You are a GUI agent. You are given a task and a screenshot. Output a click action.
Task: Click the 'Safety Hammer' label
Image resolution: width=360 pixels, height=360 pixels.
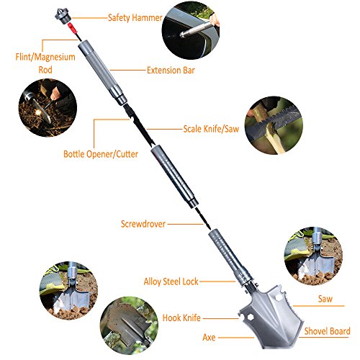point(135,18)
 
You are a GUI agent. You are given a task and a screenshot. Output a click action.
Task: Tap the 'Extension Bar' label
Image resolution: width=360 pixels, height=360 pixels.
point(171,71)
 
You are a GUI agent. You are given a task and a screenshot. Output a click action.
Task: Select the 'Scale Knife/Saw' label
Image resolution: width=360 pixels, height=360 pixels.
point(211,129)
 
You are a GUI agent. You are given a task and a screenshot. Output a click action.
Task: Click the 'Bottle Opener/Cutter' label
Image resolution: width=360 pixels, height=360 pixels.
point(101,154)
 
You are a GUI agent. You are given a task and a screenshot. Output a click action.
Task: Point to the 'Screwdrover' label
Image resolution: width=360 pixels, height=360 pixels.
point(143,224)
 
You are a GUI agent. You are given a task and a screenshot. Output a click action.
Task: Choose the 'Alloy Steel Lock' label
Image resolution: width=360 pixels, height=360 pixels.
point(171,282)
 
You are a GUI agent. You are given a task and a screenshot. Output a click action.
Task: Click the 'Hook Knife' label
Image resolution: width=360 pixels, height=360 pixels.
point(181,318)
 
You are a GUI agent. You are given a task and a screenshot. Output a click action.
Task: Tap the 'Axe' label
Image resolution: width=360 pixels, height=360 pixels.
point(209,338)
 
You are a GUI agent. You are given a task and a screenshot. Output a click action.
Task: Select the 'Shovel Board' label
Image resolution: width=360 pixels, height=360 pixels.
point(327,331)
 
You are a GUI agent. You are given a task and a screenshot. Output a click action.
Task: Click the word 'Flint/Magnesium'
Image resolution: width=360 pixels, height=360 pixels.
point(45,57)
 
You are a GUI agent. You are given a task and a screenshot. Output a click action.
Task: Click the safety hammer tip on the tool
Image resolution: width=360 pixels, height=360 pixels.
point(61,16)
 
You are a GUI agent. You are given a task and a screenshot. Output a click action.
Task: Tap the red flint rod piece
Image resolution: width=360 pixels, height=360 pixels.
point(73,28)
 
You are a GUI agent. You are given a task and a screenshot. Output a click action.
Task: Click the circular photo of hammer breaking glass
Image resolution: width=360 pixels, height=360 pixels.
point(191,30)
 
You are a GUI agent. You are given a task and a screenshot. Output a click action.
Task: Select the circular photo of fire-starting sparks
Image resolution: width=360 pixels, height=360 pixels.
point(48,108)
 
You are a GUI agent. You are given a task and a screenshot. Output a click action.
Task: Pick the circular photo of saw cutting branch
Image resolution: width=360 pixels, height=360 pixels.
point(274,125)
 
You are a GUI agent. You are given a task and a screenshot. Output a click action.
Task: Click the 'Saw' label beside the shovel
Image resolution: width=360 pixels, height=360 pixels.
point(325,299)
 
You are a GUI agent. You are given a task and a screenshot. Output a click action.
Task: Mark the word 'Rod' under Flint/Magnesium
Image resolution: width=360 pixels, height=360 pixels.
point(45,70)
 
